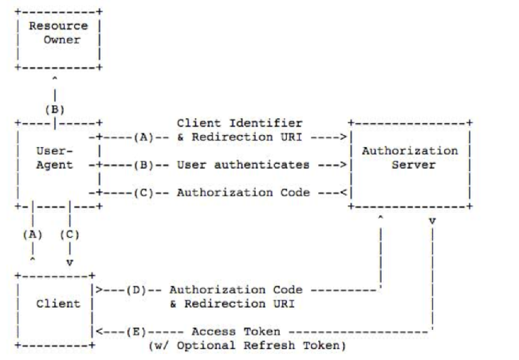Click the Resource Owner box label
pyautogui.click(x=58, y=33)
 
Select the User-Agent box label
pyautogui.click(x=55, y=158)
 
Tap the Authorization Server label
pyautogui.click(x=409, y=158)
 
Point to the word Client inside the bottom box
pyautogui.click(x=58, y=303)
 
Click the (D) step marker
pyautogui.click(x=139, y=290)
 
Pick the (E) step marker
pyautogui.click(x=139, y=332)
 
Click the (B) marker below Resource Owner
pyautogui.click(x=55, y=110)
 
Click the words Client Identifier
pyautogui.click(x=239, y=123)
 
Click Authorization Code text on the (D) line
pyautogui.click(x=236, y=290)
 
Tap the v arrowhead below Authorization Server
pyautogui.click(x=432, y=221)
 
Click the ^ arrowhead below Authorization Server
pyautogui.click(x=380, y=218)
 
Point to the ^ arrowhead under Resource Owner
pyautogui.click(x=55, y=79)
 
